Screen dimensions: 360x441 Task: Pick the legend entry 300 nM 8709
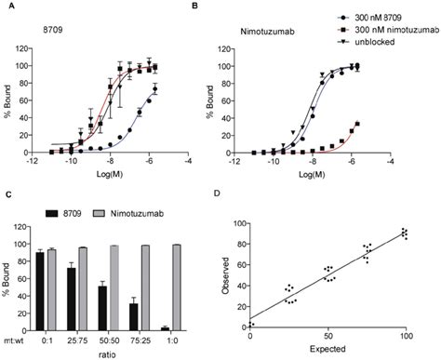[x=373, y=18]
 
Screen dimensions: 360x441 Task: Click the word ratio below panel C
[x=121, y=354]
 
